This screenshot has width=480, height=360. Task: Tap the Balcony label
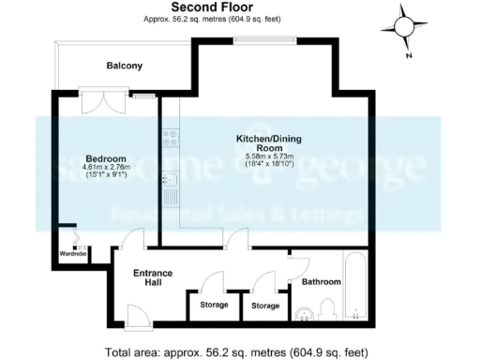[124, 66]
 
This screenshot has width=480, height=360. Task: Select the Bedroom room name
[99, 157]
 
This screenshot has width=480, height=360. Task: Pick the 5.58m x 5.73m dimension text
[269, 156]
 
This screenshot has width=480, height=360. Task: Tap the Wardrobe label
[73, 253]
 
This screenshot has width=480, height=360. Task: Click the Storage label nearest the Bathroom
[266, 306]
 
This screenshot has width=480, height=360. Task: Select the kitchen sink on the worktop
[171, 180]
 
